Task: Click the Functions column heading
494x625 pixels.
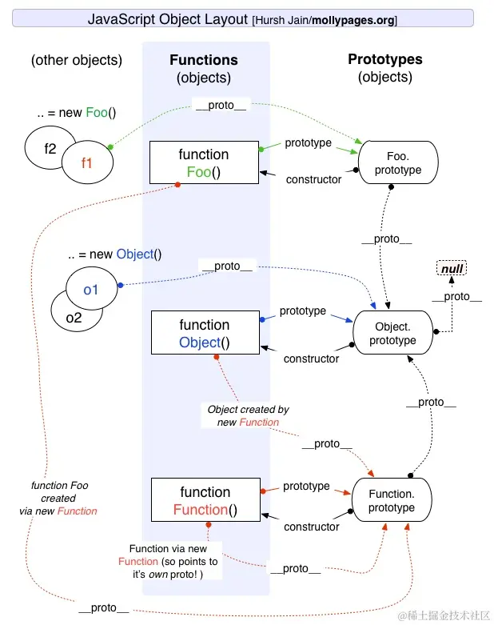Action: (x=204, y=60)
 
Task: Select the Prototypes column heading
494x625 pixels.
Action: (x=385, y=59)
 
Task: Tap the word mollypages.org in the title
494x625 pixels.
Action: (x=353, y=20)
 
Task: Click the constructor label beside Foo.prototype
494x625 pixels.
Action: (x=313, y=179)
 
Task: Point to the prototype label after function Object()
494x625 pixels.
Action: (x=303, y=310)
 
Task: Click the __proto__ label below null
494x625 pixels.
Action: (x=457, y=297)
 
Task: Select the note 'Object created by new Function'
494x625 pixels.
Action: (x=248, y=416)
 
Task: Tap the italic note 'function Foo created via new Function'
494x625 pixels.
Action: (x=58, y=498)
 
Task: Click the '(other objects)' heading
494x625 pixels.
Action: (x=77, y=60)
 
